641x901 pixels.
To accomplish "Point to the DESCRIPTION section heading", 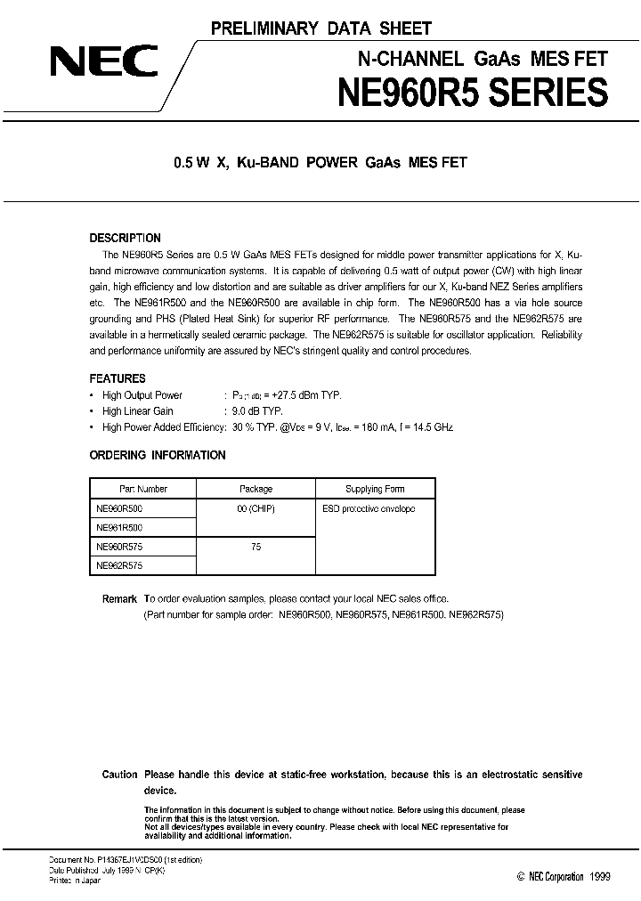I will (x=126, y=239).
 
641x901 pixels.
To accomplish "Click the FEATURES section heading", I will (x=118, y=378).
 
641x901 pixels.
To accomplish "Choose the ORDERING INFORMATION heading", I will (x=158, y=455).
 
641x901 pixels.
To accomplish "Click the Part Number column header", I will (x=143, y=489).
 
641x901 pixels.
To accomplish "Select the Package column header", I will (x=256, y=489).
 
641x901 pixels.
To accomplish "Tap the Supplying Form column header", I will (x=375, y=489).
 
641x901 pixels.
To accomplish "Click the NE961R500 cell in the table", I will (x=118, y=527).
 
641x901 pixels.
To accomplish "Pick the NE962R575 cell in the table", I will (x=118, y=565).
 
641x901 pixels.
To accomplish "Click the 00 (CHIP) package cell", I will (x=256, y=508).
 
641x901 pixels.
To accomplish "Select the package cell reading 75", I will (x=256, y=547).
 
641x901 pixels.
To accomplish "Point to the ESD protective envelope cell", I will (x=369, y=508).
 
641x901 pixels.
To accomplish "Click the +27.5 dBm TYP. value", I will (x=299, y=395).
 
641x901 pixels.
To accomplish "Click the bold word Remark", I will (x=119, y=599).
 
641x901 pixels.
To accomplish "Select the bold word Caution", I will (x=119, y=775).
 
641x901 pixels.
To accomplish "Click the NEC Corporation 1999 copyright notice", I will (x=564, y=877).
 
